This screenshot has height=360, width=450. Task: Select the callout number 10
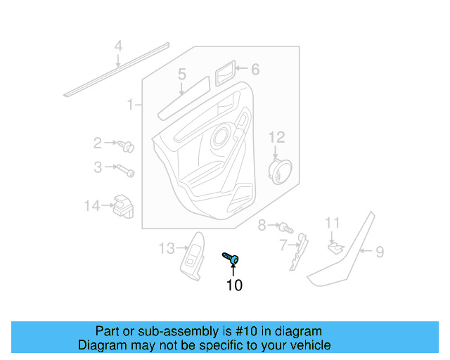pos(233,285)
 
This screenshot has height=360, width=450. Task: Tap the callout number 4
pos(118,46)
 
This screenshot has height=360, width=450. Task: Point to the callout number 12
pos(276,136)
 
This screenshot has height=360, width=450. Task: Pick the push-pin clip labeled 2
pos(127,147)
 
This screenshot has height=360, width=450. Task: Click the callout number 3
pos(98,167)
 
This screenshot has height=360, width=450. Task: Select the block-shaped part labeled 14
pos(122,206)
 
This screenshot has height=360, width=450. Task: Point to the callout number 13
pos(165,247)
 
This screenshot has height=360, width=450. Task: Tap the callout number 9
pos(379,251)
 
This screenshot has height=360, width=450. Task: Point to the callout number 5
pos(181,74)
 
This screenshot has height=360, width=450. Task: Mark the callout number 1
pos(130,105)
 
